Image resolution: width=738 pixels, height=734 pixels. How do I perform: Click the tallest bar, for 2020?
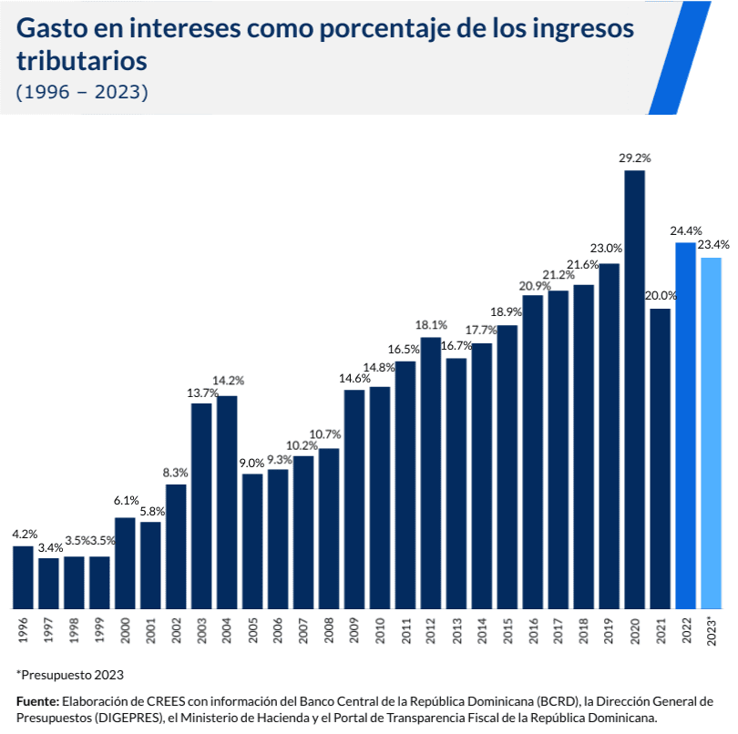635,390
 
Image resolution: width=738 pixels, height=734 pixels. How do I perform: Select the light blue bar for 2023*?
712,433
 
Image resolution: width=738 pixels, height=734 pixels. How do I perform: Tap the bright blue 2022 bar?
686,425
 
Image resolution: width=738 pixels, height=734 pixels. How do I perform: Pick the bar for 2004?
227,502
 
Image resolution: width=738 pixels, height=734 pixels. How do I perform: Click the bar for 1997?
48,583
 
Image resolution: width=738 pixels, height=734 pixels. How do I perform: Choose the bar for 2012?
431,473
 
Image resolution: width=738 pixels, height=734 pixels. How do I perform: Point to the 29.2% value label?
634,158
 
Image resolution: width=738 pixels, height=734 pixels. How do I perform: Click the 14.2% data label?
229,381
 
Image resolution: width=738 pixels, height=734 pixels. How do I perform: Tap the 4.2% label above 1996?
25,534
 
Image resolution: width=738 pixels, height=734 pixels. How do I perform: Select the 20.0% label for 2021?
661,296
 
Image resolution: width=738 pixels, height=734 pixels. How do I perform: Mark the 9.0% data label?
251,463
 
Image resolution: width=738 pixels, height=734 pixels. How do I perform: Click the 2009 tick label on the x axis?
355,630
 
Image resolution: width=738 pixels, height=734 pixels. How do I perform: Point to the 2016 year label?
534,630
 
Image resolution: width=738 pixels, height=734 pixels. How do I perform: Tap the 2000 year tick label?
126,630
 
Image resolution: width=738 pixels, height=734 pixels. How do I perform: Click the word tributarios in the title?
82,61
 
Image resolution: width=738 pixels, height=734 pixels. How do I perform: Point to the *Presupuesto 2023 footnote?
70,675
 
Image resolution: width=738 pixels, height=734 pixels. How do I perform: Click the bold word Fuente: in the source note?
37,701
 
